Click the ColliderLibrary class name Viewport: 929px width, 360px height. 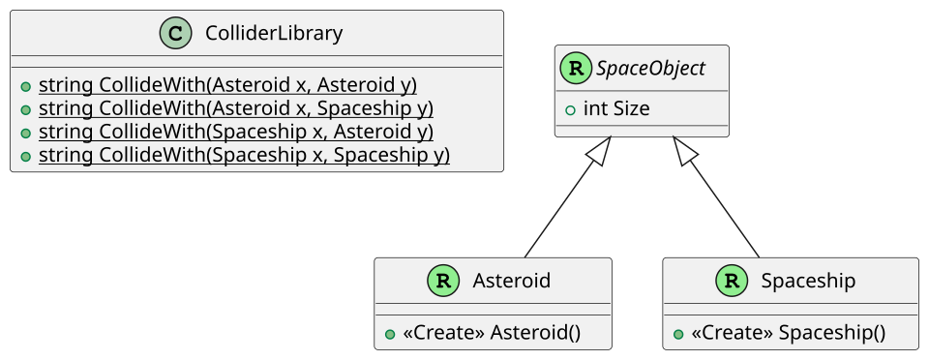pyautogui.click(x=274, y=33)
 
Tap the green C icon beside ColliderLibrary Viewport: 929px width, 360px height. pyautogui.click(x=176, y=33)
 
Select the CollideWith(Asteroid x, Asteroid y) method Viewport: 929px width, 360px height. pyautogui.click(x=227, y=86)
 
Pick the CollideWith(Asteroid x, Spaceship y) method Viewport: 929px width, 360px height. pyautogui.click(x=236, y=109)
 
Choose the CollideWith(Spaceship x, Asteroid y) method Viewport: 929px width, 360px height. pyautogui.click(x=236, y=132)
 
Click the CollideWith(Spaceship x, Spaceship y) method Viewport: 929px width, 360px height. pyautogui.click(x=244, y=155)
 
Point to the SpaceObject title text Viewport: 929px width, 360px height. pyautogui.click(x=650, y=69)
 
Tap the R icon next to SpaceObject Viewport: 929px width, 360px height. pyautogui.click(x=576, y=68)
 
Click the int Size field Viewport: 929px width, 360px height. pyautogui.click(x=616, y=109)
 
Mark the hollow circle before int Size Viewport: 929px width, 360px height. pyautogui.click(x=570, y=109)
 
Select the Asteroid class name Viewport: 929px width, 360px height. pyautogui.click(x=511, y=281)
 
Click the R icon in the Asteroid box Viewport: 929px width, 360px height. pyautogui.click(x=443, y=281)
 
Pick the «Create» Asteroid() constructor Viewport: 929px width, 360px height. pyautogui.click(x=492, y=333)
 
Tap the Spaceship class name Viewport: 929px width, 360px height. pyautogui.click(x=808, y=281)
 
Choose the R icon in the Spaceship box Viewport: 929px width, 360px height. pyautogui.click(x=732, y=281)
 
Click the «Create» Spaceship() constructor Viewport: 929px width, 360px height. pyautogui.click(x=788, y=333)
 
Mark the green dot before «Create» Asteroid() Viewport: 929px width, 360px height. pyautogui.click(x=390, y=335)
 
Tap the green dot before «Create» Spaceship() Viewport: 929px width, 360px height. pyautogui.click(x=678, y=335)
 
